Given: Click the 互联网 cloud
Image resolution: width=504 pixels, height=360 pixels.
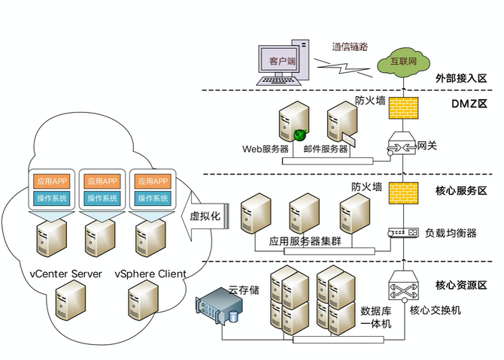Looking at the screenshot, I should [x=396, y=62].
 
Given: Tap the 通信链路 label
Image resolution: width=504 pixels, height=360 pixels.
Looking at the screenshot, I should [x=350, y=46].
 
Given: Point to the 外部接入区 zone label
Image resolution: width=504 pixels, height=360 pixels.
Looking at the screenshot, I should [x=460, y=77].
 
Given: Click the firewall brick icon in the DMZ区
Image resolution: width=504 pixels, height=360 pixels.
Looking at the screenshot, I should [x=398, y=107].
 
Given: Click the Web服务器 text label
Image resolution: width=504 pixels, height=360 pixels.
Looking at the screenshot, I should [x=265, y=149].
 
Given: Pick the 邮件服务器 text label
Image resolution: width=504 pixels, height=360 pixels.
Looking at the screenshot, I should [x=326, y=149].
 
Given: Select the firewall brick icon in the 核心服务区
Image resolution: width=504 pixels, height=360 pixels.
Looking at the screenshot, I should [x=398, y=192].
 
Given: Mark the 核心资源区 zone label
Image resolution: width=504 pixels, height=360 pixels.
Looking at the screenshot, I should [x=460, y=285].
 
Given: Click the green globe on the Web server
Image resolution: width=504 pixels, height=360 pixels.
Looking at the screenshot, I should [x=299, y=135].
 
